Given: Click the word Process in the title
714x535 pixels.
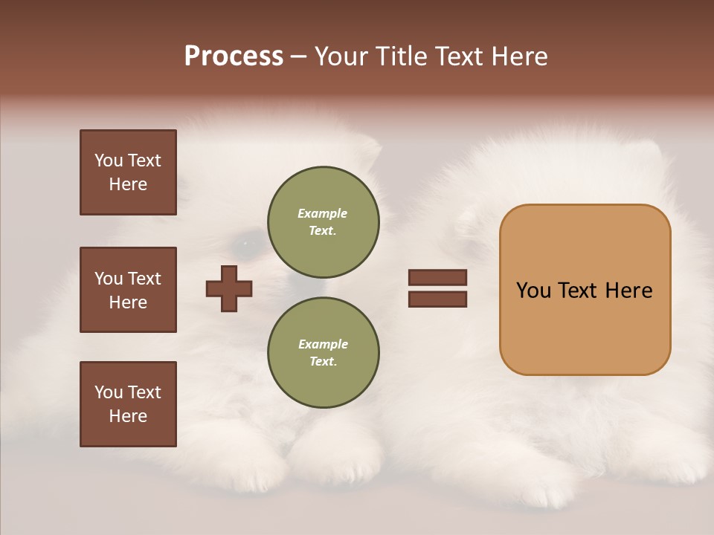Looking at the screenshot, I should (234, 56).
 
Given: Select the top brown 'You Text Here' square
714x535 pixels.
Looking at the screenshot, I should (128, 172).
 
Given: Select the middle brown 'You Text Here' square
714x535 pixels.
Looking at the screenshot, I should (128, 290).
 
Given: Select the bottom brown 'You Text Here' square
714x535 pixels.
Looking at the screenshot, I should (128, 404).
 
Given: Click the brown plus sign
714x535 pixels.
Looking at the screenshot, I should (229, 288).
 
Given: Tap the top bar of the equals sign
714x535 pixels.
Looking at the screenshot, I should (437, 278).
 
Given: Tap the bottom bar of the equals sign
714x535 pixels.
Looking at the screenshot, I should (437, 299).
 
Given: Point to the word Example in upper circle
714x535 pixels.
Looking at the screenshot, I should (322, 213).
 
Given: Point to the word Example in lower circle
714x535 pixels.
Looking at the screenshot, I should (323, 344).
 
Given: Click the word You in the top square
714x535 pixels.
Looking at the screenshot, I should (109, 160).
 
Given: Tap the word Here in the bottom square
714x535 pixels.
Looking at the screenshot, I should (128, 416).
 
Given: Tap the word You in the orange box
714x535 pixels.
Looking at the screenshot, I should (533, 291).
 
